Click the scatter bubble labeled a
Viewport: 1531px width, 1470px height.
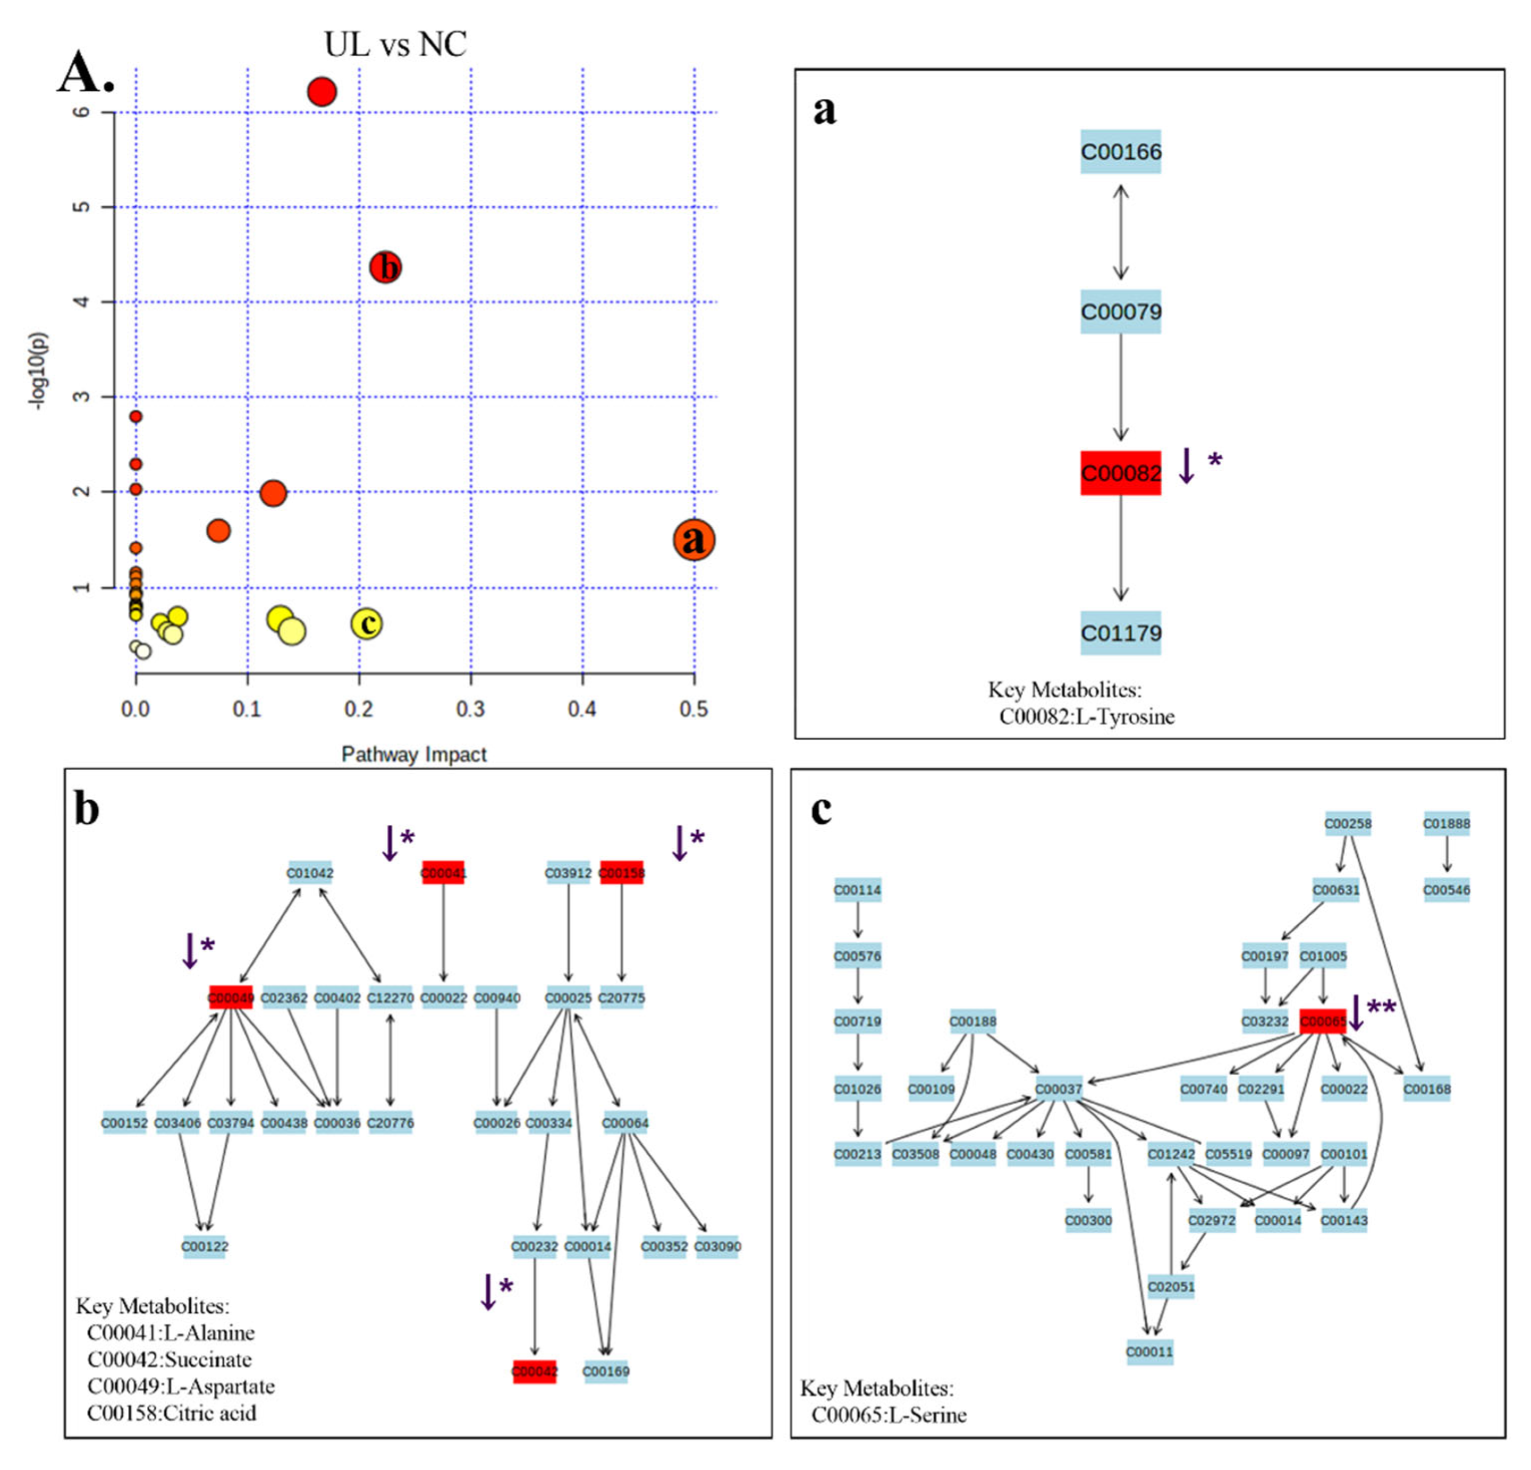pos(693,540)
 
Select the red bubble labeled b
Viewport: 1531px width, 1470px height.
pos(385,267)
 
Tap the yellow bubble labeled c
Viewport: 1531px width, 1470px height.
pos(366,623)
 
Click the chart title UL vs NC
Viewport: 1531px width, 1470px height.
pos(395,45)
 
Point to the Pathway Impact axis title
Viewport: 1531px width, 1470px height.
pos(414,754)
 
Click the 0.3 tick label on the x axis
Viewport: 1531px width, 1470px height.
pos(470,709)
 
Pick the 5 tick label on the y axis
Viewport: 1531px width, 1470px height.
pos(82,207)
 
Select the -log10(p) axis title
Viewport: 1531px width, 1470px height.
pos(38,371)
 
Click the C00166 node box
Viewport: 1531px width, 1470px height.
pos(1120,151)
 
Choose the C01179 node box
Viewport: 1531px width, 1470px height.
pos(1120,632)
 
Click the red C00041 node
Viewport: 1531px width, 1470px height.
pos(443,873)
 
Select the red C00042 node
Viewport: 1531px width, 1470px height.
pos(534,1371)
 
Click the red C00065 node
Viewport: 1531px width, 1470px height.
pos(1322,1021)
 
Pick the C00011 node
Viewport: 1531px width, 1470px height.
pos(1149,1351)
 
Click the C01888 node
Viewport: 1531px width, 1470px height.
pos(1446,823)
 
